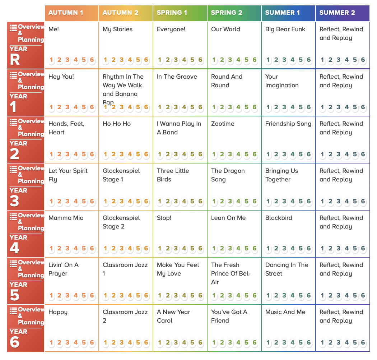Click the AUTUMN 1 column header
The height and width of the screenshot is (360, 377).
click(x=66, y=13)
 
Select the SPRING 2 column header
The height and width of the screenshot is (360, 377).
click(x=227, y=13)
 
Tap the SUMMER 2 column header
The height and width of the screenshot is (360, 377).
click(x=337, y=13)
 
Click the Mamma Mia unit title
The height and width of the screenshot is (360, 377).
click(x=66, y=218)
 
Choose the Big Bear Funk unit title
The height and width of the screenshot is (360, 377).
click(x=285, y=29)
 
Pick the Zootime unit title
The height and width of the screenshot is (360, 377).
click(x=223, y=124)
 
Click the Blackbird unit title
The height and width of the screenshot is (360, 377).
click(x=279, y=218)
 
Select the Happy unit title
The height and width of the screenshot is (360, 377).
click(x=58, y=312)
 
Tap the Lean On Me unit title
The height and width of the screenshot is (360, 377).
click(x=228, y=218)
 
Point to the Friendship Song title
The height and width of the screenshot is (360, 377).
click(x=288, y=124)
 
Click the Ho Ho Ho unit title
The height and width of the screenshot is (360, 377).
click(x=117, y=124)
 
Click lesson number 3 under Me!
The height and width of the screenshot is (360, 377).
click(x=68, y=60)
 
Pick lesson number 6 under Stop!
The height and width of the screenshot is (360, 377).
click(x=200, y=248)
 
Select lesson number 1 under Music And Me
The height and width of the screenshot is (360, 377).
click(x=268, y=342)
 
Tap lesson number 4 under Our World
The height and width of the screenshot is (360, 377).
click(x=238, y=60)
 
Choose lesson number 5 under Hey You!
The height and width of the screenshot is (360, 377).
click(x=84, y=107)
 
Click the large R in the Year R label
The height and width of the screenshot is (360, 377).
click(x=15, y=59)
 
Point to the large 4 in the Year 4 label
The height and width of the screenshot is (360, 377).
click(x=14, y=248)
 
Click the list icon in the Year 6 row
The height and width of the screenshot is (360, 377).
click(x=13, y=310)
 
